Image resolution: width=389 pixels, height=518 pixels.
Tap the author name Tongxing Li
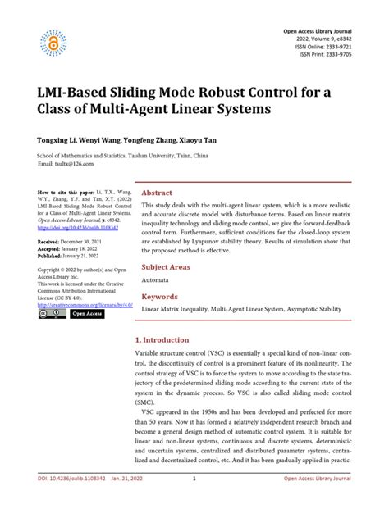[57, 139]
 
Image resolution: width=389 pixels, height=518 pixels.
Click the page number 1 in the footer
[193, 501]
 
